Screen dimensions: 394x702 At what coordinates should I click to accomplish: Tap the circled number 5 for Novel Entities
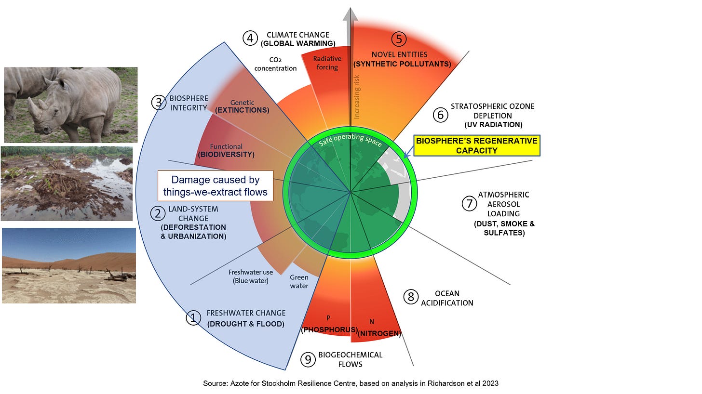point(399,39)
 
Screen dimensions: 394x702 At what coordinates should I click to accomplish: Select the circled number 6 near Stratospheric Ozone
point(440,115)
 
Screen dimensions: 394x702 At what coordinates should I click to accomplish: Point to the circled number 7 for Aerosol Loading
point(469,204)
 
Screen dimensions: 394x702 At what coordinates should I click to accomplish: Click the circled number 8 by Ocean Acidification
point(411,297)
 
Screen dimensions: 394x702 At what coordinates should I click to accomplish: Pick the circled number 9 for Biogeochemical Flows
point(307,359)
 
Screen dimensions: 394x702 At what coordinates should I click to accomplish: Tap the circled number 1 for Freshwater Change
point(193,318)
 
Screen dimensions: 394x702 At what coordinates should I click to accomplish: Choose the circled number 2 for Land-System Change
point(157,213)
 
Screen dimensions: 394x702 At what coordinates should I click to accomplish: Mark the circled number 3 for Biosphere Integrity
point(158,103)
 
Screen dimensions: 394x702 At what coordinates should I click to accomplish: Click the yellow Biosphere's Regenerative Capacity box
point(476,145)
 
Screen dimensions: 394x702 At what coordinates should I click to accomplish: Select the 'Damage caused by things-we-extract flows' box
point(216,186)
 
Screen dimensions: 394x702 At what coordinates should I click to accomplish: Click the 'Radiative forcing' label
point(327,63)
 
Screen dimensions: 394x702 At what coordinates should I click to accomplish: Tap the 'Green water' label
point(299,282)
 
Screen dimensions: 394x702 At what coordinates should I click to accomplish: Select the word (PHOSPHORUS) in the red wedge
point(329,330)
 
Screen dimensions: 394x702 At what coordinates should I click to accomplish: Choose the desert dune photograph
point(69,265)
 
